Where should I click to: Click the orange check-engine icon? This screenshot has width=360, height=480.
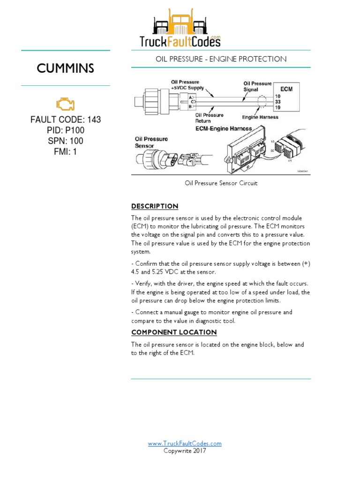click(65, 104)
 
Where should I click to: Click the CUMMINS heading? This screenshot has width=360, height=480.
click(65, 68)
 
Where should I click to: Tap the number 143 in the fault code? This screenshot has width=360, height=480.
click(94, 120)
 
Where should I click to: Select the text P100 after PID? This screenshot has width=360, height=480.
click(75, 130)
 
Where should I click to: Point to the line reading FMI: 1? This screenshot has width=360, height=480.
click(65, 152)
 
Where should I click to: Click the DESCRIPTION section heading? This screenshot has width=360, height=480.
click(155, 206)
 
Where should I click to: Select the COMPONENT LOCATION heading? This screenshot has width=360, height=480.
click(174, 332)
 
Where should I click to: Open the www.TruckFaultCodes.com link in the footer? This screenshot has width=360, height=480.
click(185, 443)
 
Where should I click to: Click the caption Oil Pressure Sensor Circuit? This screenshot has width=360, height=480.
click(221, 183)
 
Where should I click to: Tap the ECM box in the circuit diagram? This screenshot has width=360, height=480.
click(287, 89)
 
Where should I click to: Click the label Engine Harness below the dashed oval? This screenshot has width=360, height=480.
click(260, 117)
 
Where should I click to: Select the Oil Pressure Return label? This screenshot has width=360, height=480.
click(209, 118)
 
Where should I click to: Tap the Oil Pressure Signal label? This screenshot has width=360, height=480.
click(257, 86)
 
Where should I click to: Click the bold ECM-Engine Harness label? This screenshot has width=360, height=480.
click(224, 128)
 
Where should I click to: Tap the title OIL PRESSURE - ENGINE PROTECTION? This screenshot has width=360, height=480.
click(221, 59)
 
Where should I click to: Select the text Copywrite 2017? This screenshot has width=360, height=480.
click(185, 451)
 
